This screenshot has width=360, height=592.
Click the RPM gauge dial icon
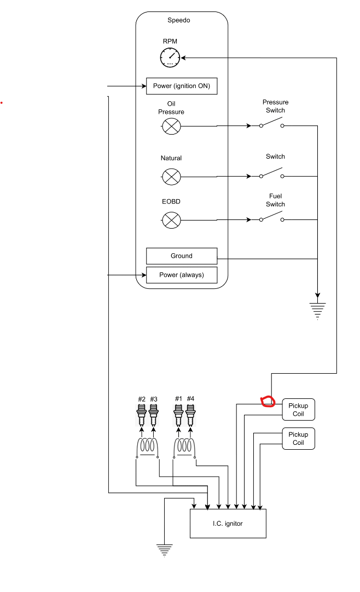170,57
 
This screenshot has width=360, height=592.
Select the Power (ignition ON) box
182,86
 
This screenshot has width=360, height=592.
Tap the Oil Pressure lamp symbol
172,126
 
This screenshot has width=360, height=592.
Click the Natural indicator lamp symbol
172,176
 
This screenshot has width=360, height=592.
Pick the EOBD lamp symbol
172,220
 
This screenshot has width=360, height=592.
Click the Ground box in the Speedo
182,256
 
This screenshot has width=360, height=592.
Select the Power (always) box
182,275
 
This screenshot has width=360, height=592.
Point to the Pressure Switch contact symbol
272,125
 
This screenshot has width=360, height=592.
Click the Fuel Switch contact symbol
272,219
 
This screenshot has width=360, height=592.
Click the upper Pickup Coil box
298,410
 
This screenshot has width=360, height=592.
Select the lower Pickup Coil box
298,438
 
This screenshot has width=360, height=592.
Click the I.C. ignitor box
228,524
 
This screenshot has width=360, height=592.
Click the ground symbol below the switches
317,310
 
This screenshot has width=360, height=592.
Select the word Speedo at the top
179,21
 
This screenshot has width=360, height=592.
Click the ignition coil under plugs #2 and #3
148,447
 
